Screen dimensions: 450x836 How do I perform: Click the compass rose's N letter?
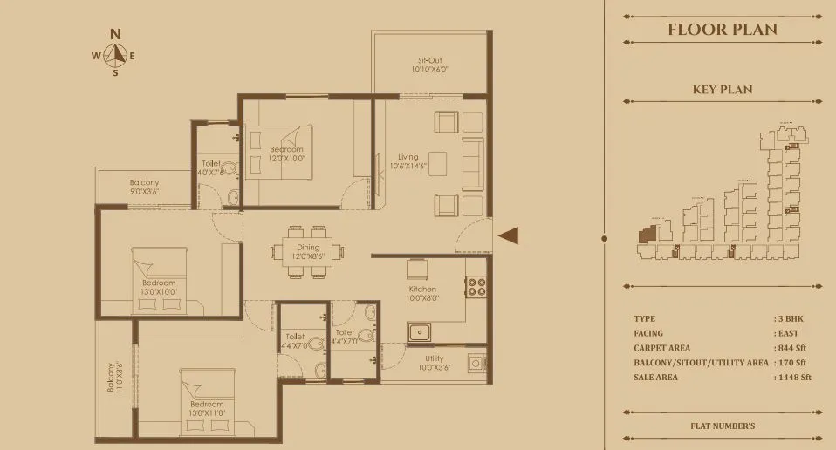(x=114, y=34)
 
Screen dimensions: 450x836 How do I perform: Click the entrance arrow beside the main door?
(x=509, y=235)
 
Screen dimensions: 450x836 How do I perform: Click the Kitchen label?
(x=422, y=290)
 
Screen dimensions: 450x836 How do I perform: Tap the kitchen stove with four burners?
(x=477, y=287)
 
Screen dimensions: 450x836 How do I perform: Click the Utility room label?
(x=434, y=358)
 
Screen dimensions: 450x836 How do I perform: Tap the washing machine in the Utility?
(x=476, y=363)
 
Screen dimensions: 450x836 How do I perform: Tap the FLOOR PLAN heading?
(x=722, y=30)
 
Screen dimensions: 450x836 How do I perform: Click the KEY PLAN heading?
(x=722, y=90)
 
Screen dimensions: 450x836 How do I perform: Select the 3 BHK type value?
(x=789, y=319)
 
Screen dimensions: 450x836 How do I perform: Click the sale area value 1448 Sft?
(x=793, y=378)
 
